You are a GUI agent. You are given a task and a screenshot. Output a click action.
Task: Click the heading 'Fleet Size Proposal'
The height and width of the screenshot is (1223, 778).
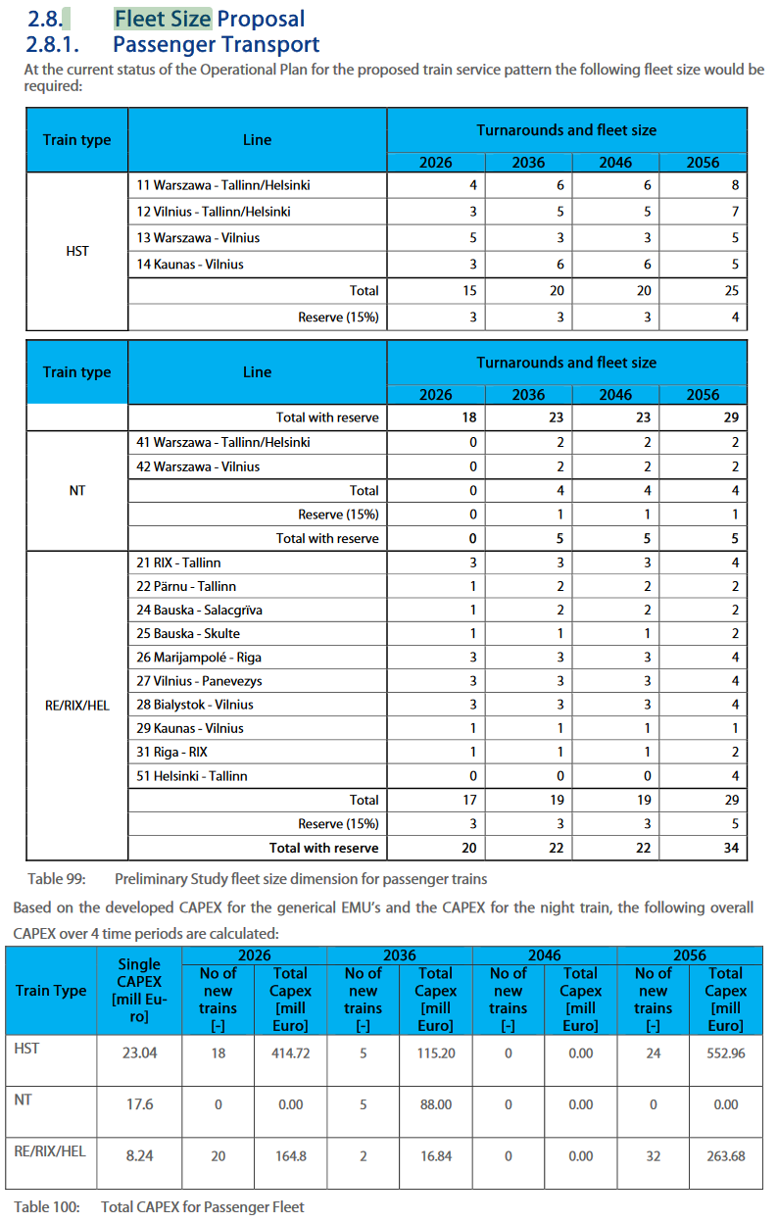click(x=209, y=19)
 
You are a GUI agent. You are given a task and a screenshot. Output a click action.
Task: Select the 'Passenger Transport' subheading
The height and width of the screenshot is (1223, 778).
click(x=216, y=44)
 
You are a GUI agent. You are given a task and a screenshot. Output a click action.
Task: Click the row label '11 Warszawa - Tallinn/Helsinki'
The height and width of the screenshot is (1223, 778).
click(x=223, y=184)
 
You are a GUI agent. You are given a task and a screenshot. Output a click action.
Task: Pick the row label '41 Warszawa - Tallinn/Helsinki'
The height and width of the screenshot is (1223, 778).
click(x=223, y=442)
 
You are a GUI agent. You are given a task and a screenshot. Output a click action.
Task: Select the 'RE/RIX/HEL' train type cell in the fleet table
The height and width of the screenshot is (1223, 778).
click(x=77, y=705)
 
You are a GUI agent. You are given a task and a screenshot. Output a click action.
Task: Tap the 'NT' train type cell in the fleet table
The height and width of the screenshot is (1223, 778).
click(x=77, y=490)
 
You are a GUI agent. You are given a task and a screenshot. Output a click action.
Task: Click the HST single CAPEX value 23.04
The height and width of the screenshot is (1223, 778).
click(x=139, y=1052)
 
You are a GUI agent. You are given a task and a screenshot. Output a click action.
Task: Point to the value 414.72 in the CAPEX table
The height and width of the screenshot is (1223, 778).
click(x=290, y=1052)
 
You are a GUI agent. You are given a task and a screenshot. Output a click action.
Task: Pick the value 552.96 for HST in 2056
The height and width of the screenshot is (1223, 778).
click(x=725, y=1052)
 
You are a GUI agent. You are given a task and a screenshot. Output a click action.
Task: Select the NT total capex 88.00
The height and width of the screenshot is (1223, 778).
click(x=435, y=1104)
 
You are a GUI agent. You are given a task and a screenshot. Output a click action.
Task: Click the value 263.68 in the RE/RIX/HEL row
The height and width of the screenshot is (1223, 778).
click(x=725, y=1156)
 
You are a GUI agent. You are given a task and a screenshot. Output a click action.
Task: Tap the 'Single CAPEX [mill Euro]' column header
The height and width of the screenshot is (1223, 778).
click(x=139, y=991)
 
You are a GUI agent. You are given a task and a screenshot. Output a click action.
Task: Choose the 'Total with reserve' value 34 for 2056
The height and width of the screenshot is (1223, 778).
click(x=731, y=848)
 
